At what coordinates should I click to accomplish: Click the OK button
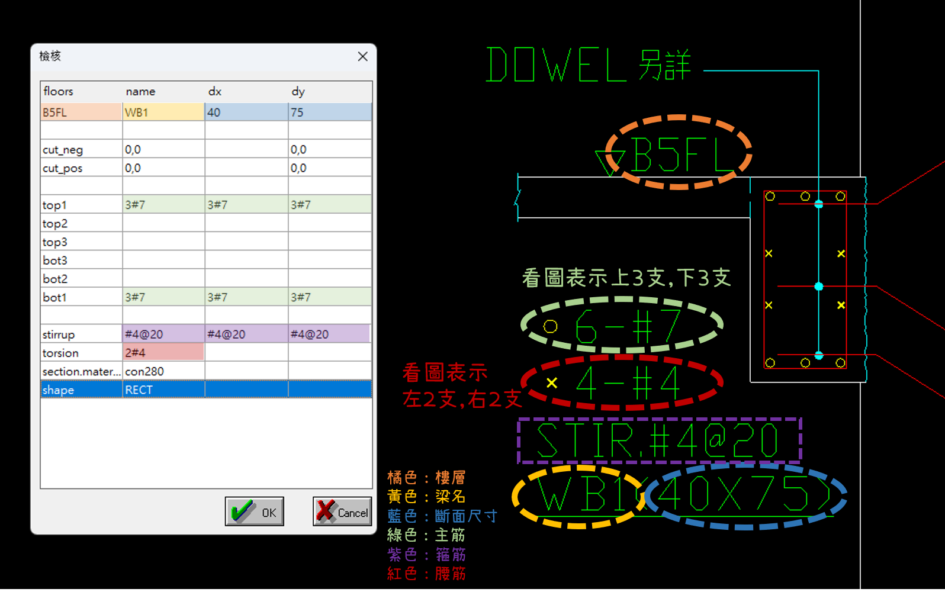(x=255, y=511)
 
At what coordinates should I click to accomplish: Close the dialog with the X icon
(x=362, y=56)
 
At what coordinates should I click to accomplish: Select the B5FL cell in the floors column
(x=81, y=112)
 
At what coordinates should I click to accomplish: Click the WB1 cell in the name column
(x=163, y=112)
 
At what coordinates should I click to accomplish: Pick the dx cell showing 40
(x=246, y=112)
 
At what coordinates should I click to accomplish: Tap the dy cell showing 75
(x=329, y=112)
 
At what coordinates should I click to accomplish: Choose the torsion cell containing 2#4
(x=163, y=353)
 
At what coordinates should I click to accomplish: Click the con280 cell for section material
(x=163, y=371)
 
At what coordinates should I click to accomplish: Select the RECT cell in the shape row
(x=163, y=390)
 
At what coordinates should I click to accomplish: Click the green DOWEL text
(x=557, y=65)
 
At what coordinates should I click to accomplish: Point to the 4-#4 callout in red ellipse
(x=628, y=383)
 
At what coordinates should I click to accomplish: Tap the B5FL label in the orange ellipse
(x=681, y=154)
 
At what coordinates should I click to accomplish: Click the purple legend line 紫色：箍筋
(x=426, y=555)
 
